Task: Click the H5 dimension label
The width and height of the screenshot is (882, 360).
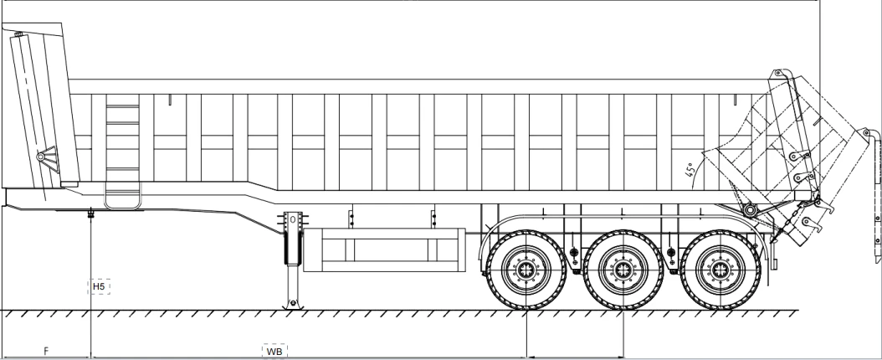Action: point(99,287)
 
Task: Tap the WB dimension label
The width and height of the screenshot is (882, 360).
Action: point(274,352)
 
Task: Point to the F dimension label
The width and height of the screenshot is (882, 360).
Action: point(46,351)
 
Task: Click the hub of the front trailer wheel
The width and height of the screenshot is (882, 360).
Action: point(526,270)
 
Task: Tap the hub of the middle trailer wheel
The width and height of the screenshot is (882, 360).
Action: point(623,270)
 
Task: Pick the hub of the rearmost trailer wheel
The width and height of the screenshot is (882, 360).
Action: point(720,270)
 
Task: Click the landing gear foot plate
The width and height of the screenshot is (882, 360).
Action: point(293,305)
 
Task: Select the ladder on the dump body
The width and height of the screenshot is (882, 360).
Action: point(122,152)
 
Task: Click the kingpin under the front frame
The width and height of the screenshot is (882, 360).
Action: point(90,213)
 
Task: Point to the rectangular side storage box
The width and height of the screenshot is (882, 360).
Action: point(385,249)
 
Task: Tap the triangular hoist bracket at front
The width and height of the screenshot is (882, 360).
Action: point(48,158)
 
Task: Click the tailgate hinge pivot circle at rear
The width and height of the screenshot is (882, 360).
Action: point(749,210)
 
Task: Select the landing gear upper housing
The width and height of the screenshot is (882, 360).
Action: point(293,238)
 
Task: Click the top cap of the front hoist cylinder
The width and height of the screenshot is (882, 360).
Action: point(19,35)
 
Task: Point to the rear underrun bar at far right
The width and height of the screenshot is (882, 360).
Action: point(876,197)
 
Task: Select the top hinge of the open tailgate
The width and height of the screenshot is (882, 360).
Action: point(778,73)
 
